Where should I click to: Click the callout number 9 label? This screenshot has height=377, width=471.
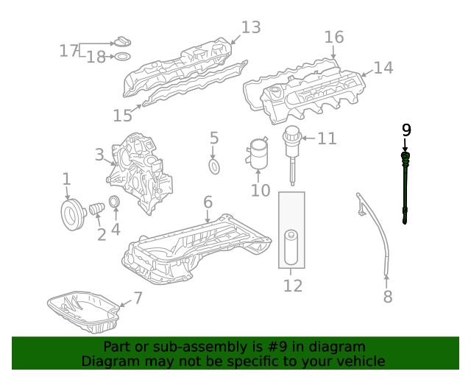(x=406, y=130)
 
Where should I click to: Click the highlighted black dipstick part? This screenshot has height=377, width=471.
(x=406, y=188)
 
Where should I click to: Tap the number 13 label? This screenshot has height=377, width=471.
(x=250, y=28)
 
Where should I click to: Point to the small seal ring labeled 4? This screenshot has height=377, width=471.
(x=115, y=202)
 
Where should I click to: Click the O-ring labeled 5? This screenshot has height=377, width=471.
(x=214, y=167)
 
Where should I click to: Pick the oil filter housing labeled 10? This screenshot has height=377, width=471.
(x=259, y=154)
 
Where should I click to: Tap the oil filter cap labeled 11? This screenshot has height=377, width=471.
(x=293, y=140)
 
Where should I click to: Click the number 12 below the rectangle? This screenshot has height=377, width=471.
(x=292, y=286)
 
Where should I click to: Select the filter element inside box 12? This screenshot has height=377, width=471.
(x=291, y=247)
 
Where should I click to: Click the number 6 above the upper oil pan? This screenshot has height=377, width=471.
(x=208, y=202)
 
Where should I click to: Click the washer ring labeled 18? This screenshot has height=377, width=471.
(x=123, y=57)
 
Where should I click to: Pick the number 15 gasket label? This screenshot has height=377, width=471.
(x=123, y=116)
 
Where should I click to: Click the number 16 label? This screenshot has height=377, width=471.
(x=333, y=37)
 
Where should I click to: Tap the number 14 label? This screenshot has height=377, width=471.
(x=383, y=68)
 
